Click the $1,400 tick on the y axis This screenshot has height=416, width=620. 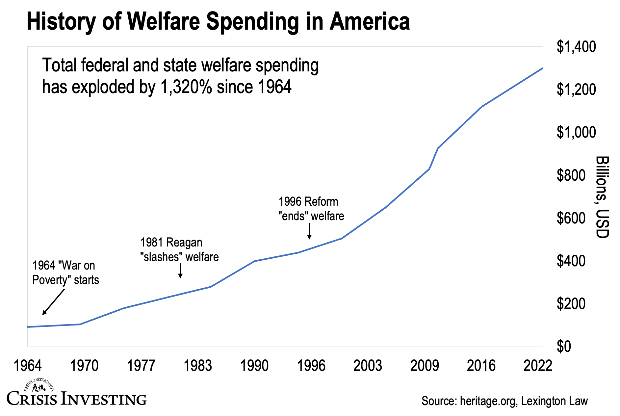point(576,47)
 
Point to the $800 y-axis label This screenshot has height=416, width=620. point(571,175)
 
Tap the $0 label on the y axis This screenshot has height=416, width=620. point(563,347)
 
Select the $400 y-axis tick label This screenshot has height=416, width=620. point(571,261)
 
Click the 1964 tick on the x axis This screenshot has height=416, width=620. point(28,366)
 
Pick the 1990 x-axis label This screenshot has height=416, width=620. point(254,366)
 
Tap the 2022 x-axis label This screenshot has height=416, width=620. point(538,366)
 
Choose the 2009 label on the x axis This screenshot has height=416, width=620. point(425,366)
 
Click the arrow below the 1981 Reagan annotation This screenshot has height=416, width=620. point(180,271)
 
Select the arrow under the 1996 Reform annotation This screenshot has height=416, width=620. point(309,231)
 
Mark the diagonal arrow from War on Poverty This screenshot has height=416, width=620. point(53,302)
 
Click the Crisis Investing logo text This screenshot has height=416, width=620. point(76,399)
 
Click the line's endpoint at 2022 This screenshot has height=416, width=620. point(542,68)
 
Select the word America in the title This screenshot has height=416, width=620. point(370,21)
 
